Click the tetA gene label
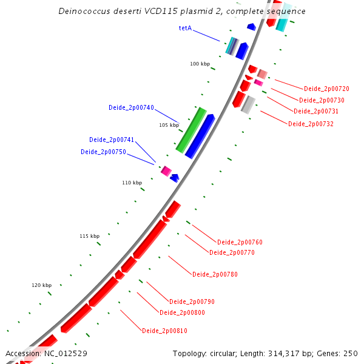[185, 28]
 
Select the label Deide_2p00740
[131, 107]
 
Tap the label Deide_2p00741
[112, 140]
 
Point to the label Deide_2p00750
[103, 152]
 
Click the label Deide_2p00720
[326, 89]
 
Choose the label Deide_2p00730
[322, 100]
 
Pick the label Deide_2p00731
[316, 111]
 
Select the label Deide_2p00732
[311, 124]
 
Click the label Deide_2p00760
[240, 242]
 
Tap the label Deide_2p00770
[232, 252]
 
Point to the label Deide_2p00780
[215, 274]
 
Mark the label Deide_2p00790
[192, 302]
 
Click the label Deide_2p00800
[182, 312]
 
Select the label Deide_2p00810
[164, 331]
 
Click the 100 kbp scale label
[200, 64]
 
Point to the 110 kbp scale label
[132, 183]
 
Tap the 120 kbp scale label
[42, 285]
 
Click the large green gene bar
[191, 129]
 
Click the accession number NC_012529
[66, 353]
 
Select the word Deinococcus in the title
[83, 12]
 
